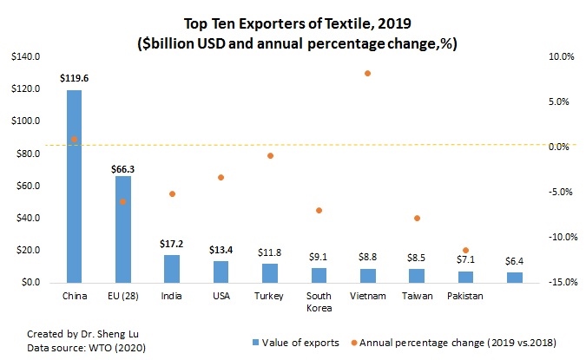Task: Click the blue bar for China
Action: pos(74,187)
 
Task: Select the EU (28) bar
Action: pos(123,229)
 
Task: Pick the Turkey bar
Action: pos(270,273)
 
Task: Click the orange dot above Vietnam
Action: pos(367,74)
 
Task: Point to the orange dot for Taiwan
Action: pos(417,218)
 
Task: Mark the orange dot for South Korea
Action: pos(319,210)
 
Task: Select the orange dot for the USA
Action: pos(221,177)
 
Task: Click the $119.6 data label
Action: pos(74,78)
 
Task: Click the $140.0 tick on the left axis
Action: pos(26,57)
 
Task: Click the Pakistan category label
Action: pos(465,296)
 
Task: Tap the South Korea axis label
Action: pos(319,302)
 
